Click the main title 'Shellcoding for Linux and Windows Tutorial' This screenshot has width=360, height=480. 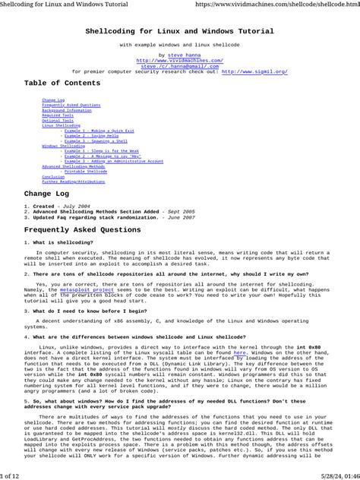click(179, 32)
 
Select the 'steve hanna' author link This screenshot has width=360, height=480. click(182, 55)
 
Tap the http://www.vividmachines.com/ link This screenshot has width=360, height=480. click(179, 60)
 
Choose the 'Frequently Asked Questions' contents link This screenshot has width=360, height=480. click(71, 105)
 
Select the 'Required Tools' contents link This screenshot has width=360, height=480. click(58, 115)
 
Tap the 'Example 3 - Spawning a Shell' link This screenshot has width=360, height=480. click(96, 141)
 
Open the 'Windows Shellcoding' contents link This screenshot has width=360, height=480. click(63, 146)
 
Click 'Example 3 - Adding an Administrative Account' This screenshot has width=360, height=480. click(113, 161)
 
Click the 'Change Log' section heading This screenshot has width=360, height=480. click(50, 194)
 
